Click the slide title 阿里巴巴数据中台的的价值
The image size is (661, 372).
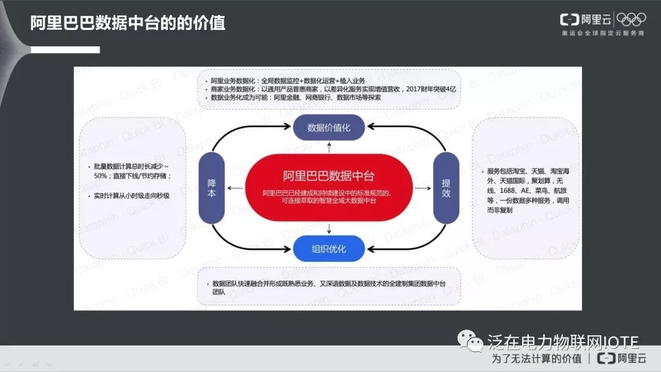(x=128, y=23)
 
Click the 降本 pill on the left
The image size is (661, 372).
(x=212, y=188)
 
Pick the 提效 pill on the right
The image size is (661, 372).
(x=446, y=188)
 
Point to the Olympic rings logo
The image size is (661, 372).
(x=631, y=19)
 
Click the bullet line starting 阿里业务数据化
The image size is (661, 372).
(x=288, y=81)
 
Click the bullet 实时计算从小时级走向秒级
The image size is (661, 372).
(x=131, y=196)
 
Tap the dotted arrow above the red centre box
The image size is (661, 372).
(x=329, y=147)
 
